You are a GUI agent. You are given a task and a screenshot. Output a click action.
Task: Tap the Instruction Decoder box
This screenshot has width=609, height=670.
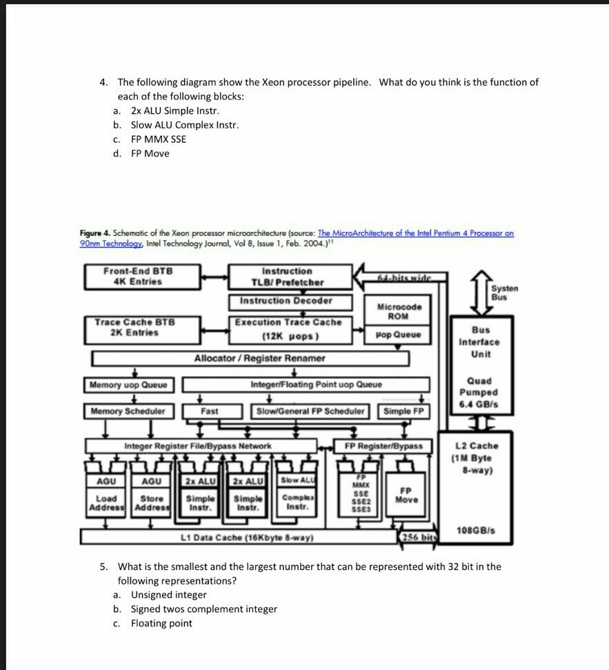pos(286,301)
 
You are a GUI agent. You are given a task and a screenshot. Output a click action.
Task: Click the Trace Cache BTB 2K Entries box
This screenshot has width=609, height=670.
pos(134,328)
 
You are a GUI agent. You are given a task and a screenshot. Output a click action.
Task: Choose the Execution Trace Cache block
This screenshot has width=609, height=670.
pos(288,329)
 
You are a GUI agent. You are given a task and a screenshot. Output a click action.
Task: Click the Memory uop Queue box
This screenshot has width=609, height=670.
pos(128,384)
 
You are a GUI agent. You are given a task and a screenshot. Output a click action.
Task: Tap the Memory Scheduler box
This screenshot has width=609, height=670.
pos(128,411)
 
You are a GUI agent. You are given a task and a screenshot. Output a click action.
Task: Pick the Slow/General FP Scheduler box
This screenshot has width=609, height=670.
pos(310,411)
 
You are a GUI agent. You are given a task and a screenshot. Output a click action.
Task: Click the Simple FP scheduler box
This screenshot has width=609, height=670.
pos(403,411)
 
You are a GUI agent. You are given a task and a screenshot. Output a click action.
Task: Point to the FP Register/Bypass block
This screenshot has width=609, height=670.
pos(383,446)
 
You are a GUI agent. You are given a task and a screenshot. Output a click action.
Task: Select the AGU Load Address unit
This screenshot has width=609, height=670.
pos(106,493)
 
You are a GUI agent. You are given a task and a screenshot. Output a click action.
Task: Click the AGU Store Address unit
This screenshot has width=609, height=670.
pos(152,493)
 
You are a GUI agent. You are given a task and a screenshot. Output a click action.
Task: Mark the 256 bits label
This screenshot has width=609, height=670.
pos(417,537)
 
